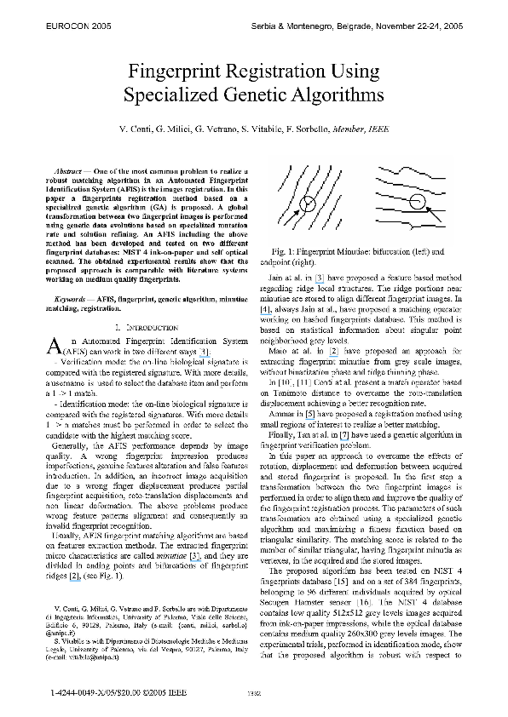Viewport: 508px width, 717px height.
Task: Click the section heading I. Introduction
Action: pos(146,327)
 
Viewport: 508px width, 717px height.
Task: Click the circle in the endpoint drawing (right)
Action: pos(417,203)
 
